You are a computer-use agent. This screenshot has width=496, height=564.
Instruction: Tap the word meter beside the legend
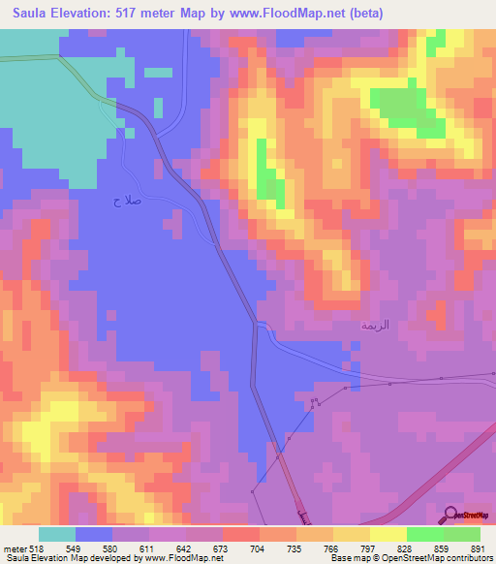pyautogui.click(x=15, y=548)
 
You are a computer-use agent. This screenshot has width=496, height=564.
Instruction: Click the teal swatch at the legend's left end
pyautogui.click(x=57, y=534)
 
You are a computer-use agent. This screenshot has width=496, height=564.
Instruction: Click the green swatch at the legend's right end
pyautogui.click(x=461, y=534)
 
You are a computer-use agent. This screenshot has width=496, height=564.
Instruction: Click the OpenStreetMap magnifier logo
pyautogui.click(x=450, y=515)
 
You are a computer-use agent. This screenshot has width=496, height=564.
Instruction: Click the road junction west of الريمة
pyautogui.click(x=258, y=323)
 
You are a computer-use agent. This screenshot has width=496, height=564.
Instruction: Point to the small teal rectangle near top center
pyautogui.click(x=158, y=72)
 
